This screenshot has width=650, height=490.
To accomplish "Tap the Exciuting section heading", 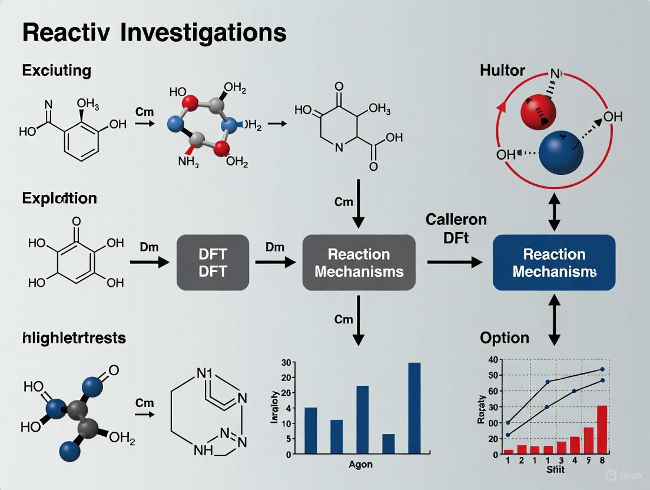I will click(57, 71).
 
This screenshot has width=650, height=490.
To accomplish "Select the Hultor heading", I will click(502, 71).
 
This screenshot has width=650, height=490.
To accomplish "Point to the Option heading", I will click(505, 338).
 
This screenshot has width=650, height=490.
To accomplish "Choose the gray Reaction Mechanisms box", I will click(359, 263).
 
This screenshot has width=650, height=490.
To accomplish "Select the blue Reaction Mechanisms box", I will click(553, 263).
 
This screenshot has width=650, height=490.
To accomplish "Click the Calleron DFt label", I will click(456, 228).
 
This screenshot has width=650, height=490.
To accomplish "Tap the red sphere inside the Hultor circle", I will click(538, 110).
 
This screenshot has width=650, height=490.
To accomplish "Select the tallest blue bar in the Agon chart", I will click(414, 408).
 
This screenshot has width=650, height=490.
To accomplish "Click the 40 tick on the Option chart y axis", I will click(492, 360).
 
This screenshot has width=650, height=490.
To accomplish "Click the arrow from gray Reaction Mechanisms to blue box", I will click(454, 263).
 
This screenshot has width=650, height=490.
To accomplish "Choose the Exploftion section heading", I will click(59, 198).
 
